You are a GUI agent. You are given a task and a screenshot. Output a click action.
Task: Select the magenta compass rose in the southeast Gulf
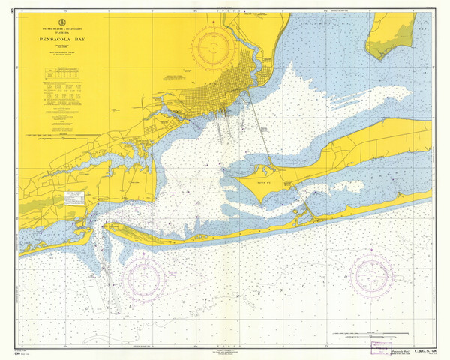(373, 275)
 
